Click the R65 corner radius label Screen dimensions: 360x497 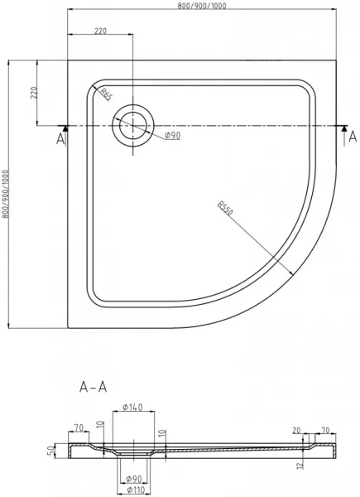(106, 94)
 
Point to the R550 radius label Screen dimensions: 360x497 (225, 208)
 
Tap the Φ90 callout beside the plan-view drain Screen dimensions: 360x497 (173, 136)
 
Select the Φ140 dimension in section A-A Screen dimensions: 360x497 (132, 407)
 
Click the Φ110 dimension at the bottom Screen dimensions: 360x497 (133, 490)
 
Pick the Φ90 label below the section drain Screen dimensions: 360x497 (133, 479)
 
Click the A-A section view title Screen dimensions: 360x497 (93, 387)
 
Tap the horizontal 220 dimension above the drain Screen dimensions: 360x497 (101, 31)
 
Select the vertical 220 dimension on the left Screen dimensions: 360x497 (34, 93)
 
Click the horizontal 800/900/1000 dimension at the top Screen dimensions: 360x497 (202, 6)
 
